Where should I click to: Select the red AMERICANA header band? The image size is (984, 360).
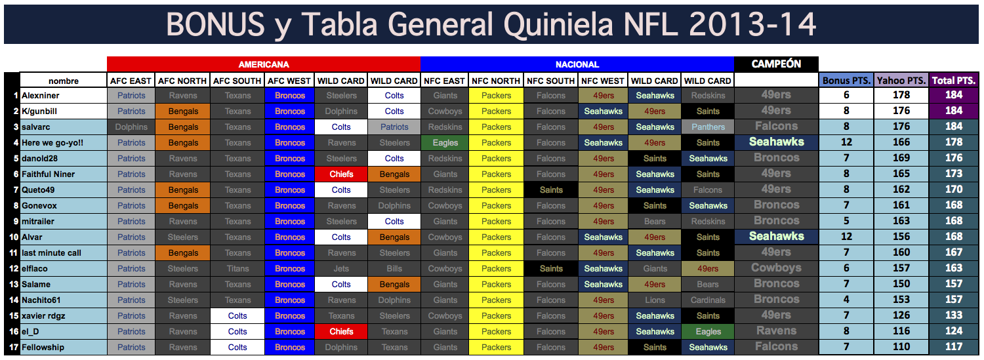pos(264,64)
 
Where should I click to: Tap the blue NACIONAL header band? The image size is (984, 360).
pos(577,64)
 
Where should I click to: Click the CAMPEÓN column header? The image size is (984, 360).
pos(776,64)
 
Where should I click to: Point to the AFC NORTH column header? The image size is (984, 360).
pos(182,81)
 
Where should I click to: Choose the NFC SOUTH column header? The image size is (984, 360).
pos(550,81)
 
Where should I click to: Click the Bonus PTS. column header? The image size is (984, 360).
pos(846,81)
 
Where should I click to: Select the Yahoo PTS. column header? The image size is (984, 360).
pos(902,81)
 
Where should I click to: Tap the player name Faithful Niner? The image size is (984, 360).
pos(48,174)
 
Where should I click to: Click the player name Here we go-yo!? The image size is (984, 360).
pos(52,143)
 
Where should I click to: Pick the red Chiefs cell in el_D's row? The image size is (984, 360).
pos(341,332)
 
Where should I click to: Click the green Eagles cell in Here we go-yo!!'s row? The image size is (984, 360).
pos(445,143)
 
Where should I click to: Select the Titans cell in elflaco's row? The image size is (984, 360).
pos(237,269)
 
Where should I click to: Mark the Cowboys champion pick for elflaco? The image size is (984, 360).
pos(776,268)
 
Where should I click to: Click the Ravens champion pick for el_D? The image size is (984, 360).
pos(776,331)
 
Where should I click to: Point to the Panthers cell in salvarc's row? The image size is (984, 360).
pos(708,127)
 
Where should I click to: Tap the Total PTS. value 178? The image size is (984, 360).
pos(954,142)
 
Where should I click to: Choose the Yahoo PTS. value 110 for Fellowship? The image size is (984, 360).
pos(901,347)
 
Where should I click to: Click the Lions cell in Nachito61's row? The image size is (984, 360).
pos(655,300)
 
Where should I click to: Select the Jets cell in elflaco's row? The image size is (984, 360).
pos(341,269)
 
